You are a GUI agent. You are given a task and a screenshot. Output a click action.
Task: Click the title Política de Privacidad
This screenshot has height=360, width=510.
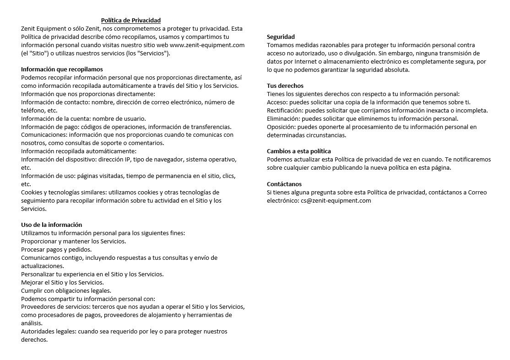click(130, 20)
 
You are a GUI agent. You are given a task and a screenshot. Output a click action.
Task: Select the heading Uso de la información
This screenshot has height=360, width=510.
click(52, 225)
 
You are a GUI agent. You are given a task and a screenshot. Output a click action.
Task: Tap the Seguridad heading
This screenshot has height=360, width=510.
click(281, 37)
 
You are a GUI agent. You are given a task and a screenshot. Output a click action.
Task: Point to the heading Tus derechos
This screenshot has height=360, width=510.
click(285, 86)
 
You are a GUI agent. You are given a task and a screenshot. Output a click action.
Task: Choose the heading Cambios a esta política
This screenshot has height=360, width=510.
click(298, 151)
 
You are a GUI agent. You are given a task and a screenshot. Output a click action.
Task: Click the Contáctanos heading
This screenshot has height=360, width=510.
click(284, 184)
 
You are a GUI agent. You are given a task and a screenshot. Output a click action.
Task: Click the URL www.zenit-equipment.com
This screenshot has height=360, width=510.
click(207, 45)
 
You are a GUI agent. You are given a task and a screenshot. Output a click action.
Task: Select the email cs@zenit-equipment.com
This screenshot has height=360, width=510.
click(336, 200)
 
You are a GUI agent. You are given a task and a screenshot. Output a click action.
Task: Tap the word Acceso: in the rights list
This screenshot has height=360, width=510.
click(277, 102)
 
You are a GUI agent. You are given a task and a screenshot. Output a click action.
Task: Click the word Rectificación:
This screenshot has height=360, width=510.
click(285, 110)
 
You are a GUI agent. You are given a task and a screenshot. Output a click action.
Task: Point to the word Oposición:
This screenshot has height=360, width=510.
click(281, 127)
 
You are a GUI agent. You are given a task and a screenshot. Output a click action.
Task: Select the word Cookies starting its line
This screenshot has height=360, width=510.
click(32, 192)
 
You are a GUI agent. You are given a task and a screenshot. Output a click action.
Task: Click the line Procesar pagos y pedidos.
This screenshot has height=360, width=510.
click(56, 249)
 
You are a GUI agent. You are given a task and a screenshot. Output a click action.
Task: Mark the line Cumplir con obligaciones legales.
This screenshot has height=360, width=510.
click(66, 290)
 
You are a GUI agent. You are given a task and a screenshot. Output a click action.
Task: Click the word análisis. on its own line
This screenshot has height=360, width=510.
click(32, 323)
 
